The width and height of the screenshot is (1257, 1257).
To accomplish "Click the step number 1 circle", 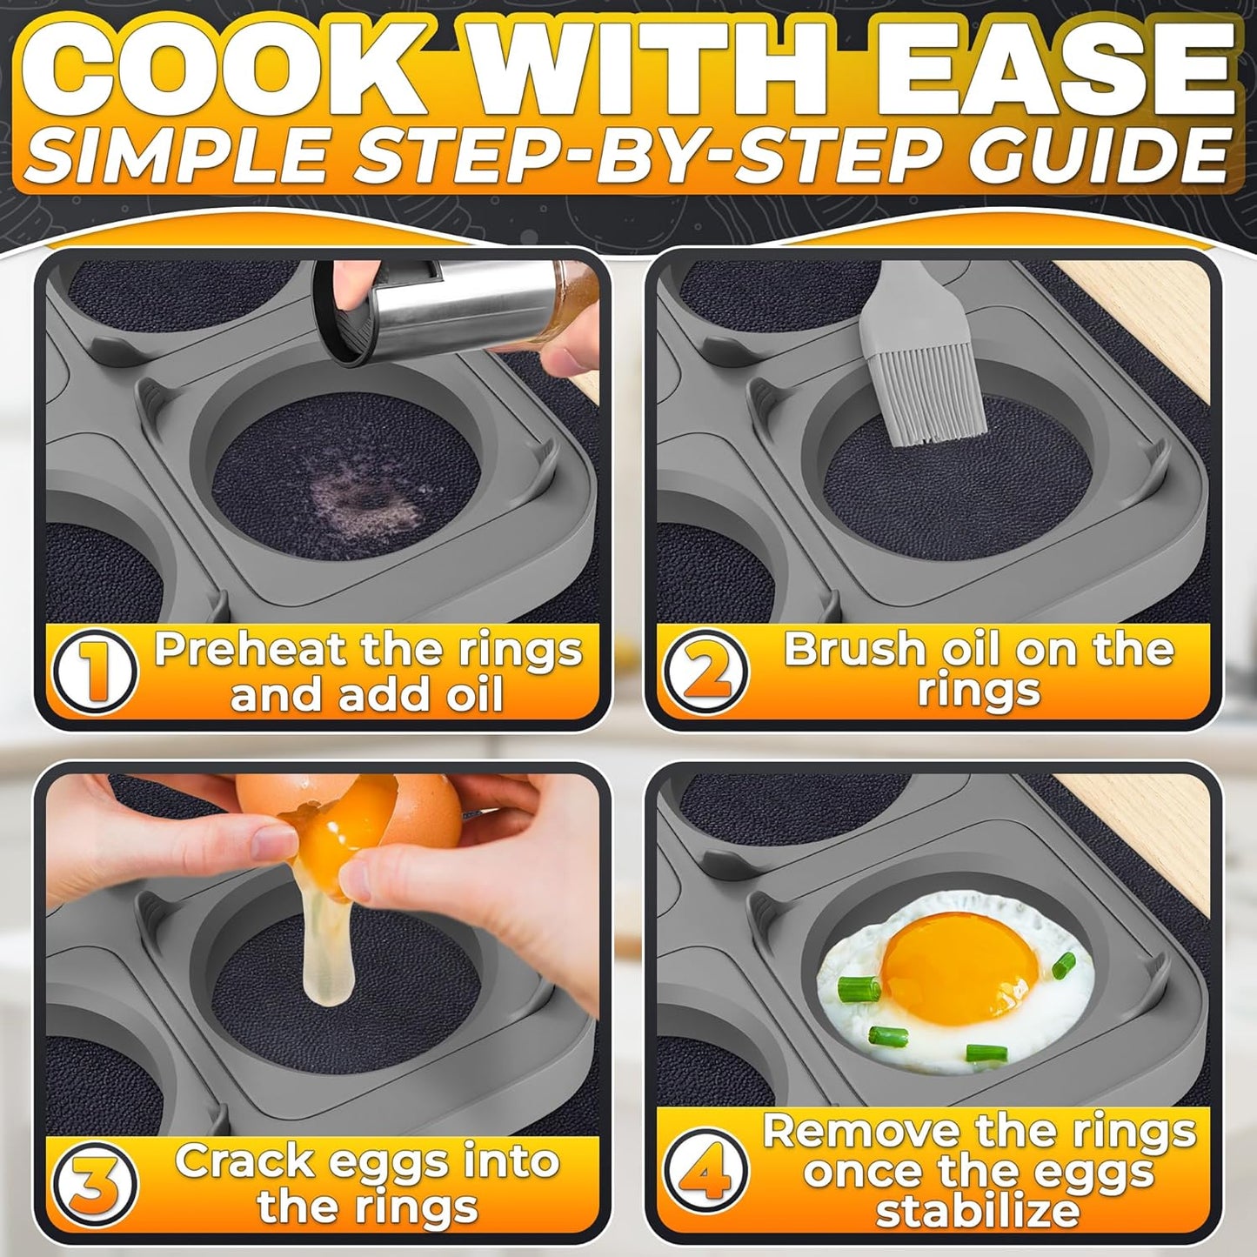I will point(95,672).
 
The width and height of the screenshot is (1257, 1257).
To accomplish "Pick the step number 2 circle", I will point(705,672).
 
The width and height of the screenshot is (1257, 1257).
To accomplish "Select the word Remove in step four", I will point(862,1131).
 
